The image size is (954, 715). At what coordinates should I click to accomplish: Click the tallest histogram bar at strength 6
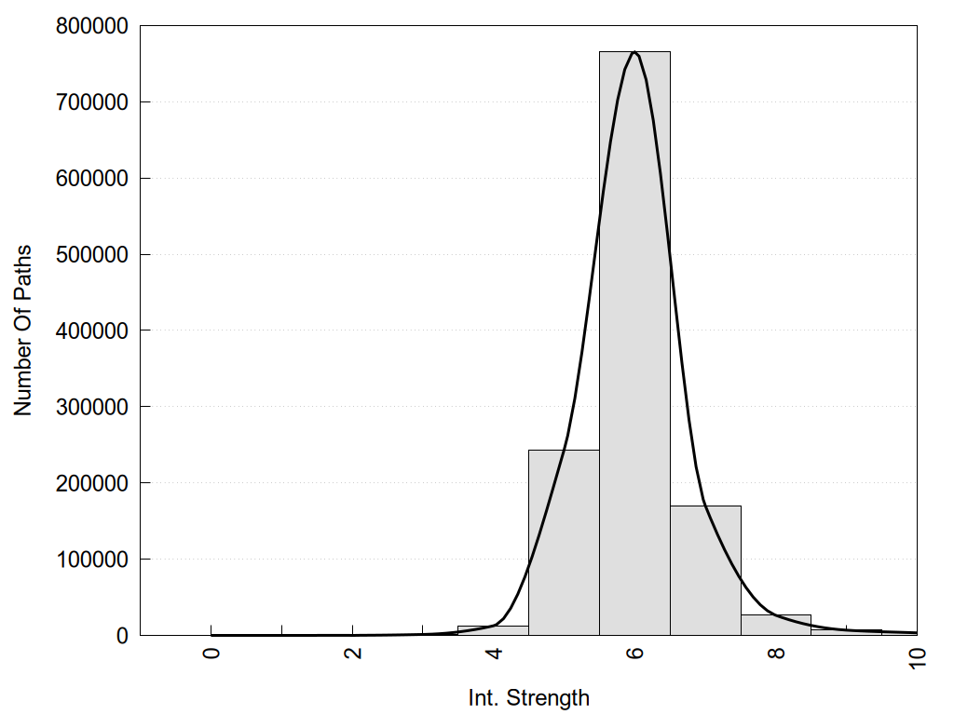click(x=634, y=344)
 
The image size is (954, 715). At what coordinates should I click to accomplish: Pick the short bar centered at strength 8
click(x=776, y=625)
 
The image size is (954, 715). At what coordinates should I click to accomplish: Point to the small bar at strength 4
click(x=493, y=630)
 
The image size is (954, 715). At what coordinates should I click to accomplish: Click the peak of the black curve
click(x=634, y=52)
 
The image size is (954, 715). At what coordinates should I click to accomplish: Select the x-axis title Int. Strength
click(x=529, y=697)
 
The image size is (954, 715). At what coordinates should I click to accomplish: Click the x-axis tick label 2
click(x=353, y=653)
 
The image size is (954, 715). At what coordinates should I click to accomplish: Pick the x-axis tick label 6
click(x=634, y=653)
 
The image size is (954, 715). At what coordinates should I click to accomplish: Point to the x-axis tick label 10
click(x=918, y=655)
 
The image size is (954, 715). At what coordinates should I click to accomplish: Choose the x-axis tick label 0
click(x=211, y=653)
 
